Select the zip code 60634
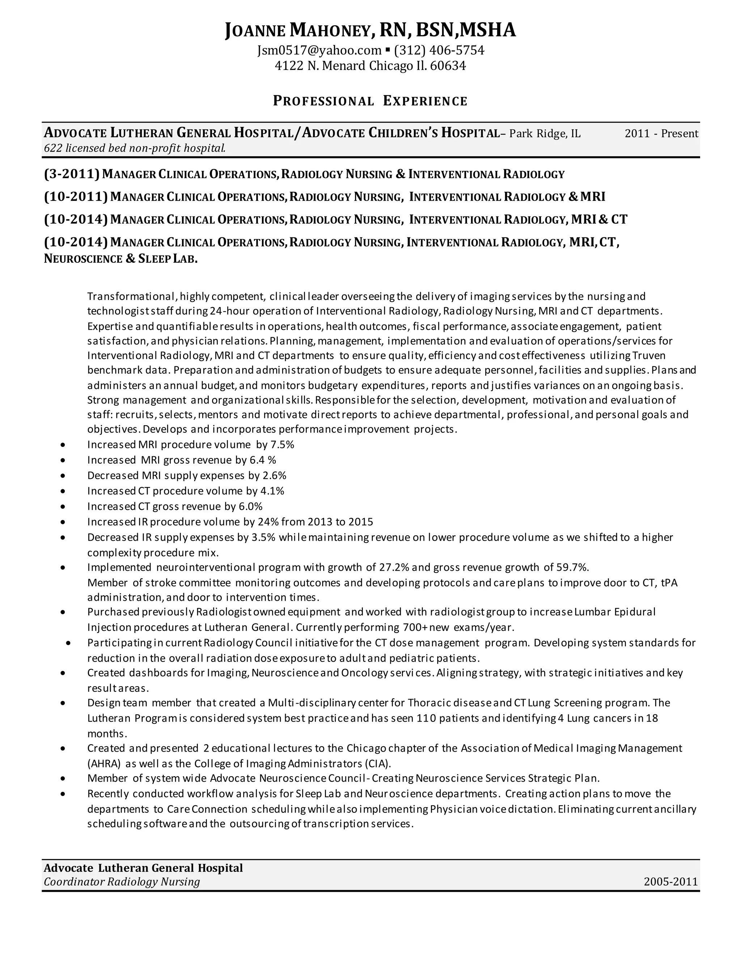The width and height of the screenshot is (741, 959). click(x=448, y=66)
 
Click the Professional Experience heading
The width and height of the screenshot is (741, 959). click(x=370, y=101)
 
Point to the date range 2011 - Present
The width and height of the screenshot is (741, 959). click(x=661, y=134)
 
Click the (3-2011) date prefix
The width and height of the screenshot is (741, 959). click(x=72, y=174)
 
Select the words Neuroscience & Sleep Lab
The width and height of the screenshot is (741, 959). click(x=121, y=259)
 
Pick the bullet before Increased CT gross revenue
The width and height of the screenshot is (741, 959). click(x=64, y=507)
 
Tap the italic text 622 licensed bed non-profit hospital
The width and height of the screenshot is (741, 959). click(x=134, y=148)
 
